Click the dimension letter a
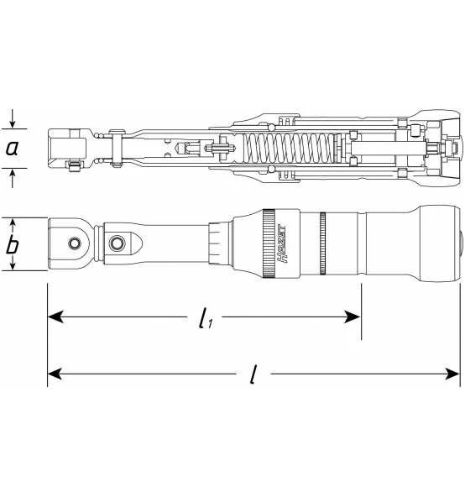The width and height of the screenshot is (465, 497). pyautogui.click(x=13, y=148)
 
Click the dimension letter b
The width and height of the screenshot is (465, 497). pyautogui.click(x=12, y=244)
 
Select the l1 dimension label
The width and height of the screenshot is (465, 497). pyautogui.click(x=206, y=318)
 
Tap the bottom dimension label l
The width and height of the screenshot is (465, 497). pyautogui.click(x=253, y=374)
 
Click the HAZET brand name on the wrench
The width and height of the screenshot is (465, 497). pyautogui.click(x=281, y=243)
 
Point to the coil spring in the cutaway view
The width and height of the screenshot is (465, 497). pyautogui.click(x=290, y=148)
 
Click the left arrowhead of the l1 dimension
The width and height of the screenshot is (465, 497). pyautogui.click(x=55, y=317)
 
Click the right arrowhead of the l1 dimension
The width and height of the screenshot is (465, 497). pyautogui.click(x=353, y=317)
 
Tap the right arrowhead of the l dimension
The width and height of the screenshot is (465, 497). pyautogui.click(x=452, y=374)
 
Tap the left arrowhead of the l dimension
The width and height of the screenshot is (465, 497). pyautogui.click(x=55, y=374)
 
